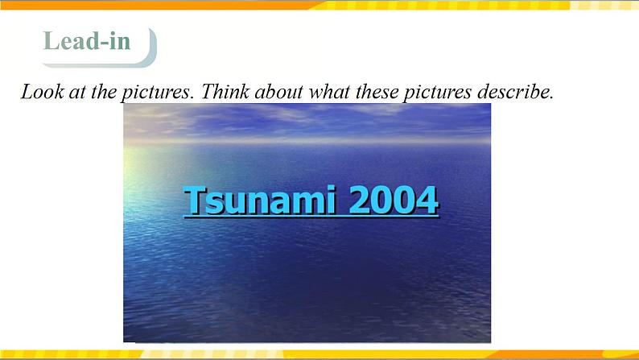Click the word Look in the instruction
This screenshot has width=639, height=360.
pyautogui.click(x=43, y=91)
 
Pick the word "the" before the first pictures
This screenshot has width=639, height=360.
pyautogui.click(x=103, y=91)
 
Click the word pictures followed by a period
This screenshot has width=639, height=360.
pyautogui.click(x=156, y=93)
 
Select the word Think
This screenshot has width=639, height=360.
pyautogui.click(x=225, y=91)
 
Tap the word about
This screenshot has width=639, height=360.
pyautogui.click(x=279, y=91)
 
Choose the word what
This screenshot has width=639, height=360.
pyautogui.click(x=329, y=91)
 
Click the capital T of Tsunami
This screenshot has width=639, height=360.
pyautogui.click(x=194, y=200)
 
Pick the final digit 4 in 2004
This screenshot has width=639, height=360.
pyautogui.click(x=427, y=200)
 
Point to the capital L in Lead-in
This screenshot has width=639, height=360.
pyautogui.click(x=52, y=41)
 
